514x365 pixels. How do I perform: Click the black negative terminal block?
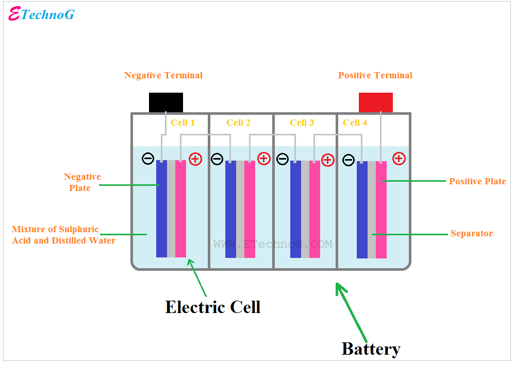(166, 102)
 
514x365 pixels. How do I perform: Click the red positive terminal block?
(376, 102)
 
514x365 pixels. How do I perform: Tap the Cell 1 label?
(183, 123)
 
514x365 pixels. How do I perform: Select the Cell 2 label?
(238, 123)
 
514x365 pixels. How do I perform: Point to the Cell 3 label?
(302, 123)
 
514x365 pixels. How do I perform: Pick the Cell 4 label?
(355, 123)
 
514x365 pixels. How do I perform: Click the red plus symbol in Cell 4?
(399, 159)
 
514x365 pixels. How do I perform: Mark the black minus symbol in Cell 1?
(148, 159)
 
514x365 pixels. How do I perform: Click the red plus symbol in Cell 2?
(263, 159)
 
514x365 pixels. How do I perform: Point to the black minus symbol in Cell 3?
(283, 159)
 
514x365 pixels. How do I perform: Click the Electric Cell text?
(212, 307)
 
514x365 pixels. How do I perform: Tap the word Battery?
(371, 349)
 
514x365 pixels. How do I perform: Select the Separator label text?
(471, 234)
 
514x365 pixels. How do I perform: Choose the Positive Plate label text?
(477, 181)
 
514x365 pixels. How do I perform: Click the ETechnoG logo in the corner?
(42, 14)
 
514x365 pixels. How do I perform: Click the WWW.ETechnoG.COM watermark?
(273, 244)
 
